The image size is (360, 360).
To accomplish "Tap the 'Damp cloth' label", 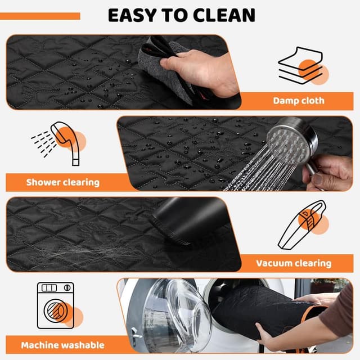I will [x=299, y=101].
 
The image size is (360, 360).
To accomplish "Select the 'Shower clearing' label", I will [x=62, y=182].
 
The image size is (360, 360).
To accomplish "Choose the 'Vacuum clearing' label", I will [x=294, y=263].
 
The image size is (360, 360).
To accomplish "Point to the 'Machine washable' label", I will [x=62, y=345].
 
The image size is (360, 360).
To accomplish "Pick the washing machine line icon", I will [x=56, y=305].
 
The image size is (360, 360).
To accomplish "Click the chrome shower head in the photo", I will [x=291, y=140].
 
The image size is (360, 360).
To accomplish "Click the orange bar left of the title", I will [x=40, y=16].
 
